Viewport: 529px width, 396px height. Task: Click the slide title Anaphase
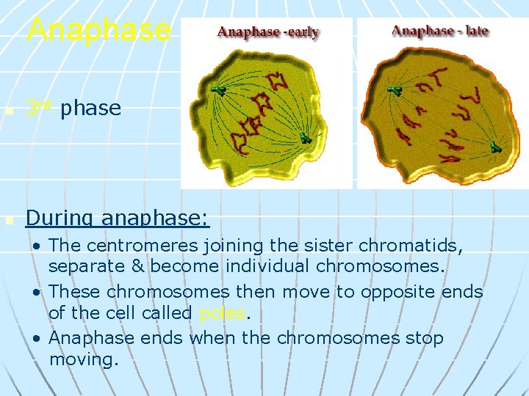[x=98, y=30]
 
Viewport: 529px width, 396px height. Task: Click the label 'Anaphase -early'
[x=268, y=32]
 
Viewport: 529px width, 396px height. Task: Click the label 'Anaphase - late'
[x=440, y=31]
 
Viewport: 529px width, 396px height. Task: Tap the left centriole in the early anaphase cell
[x=218, y=90]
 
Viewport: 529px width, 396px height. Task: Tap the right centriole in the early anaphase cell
[x=305, y=137]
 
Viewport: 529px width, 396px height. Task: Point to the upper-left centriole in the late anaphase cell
[x=395, y=90]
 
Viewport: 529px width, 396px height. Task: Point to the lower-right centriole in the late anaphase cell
[x=496, y=147]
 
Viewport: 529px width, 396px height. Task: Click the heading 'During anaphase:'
[x=118, y=218]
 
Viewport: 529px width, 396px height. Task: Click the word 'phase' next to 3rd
[x=90, y=109]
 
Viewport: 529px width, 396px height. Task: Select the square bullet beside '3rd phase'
[x=8, y=110]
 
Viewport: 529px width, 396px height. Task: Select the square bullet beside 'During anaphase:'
[x=8, y=219]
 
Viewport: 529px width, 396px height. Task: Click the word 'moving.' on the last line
[x=83, y=359]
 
